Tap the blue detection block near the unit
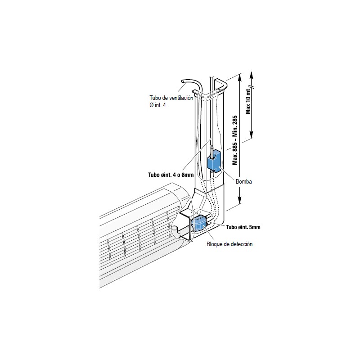point(198,223)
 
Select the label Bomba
point(243,182)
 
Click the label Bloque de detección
point(229,244)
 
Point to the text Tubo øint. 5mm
point(243,227)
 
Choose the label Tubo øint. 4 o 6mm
point(171,175)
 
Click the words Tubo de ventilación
point(171,98)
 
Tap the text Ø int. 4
point(157,105)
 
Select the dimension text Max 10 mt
point(248,101)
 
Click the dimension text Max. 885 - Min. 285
point(235,140)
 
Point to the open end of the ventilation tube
point(183,81)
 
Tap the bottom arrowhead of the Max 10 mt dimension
point(252,135)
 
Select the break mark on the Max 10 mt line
point(252,87)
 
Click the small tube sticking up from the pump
point(211,151)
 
